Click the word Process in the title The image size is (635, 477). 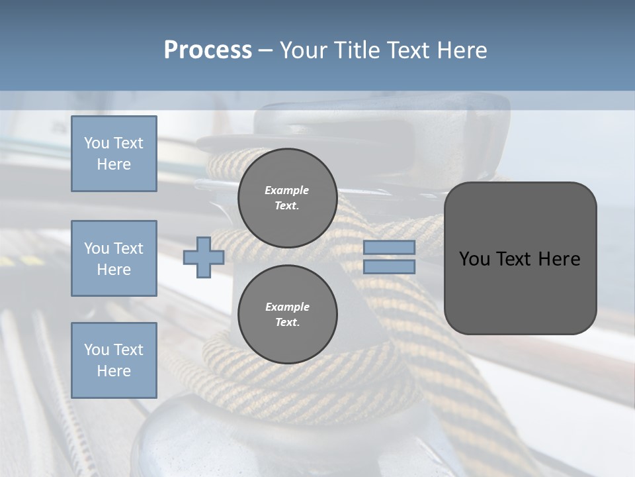208,50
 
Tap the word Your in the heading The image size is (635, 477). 304,50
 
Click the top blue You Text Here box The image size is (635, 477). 114,154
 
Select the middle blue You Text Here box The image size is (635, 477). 114,258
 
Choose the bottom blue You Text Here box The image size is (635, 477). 114,360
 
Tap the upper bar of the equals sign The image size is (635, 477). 390,248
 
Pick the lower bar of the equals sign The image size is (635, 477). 390,267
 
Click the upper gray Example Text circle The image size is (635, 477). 287,197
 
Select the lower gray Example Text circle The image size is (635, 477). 287,314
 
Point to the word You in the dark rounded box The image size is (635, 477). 474,259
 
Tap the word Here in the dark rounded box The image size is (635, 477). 560,259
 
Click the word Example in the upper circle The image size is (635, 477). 287,190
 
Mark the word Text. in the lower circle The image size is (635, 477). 287,322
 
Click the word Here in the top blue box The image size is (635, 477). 114,164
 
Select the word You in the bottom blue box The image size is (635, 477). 97,350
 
